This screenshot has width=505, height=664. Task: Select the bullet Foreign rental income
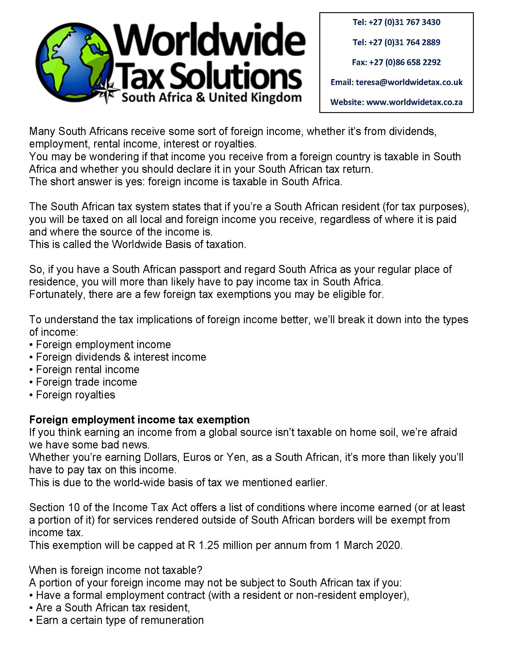coord(87,369)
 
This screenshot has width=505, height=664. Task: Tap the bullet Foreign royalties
coord(75,395)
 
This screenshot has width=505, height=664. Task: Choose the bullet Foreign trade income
coord(86,382)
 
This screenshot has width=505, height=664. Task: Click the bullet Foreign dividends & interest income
coord(121,357)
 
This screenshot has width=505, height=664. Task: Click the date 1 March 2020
coord(368,545)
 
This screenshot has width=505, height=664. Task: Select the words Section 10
coord(54,508)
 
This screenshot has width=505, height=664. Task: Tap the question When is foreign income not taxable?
coord(116,570)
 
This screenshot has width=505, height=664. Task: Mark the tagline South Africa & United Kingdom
coord(211,98)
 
